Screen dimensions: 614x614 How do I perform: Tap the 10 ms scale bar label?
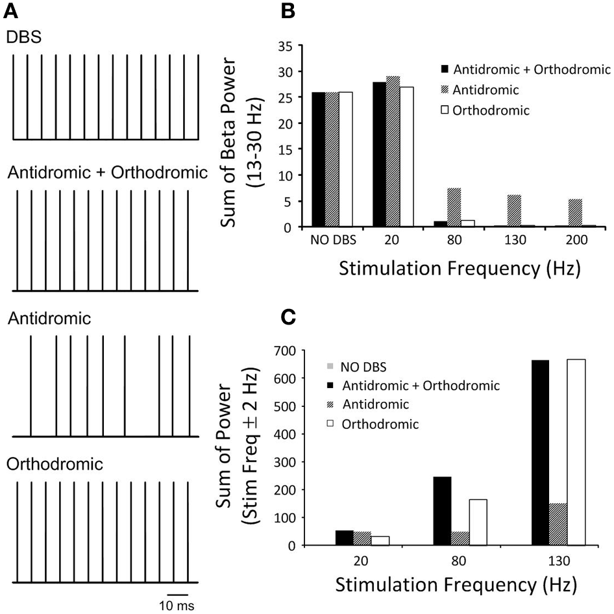[177, 604]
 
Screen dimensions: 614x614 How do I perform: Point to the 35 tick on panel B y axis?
[284, 46]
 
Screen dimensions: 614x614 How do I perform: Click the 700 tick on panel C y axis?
[285, 351]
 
